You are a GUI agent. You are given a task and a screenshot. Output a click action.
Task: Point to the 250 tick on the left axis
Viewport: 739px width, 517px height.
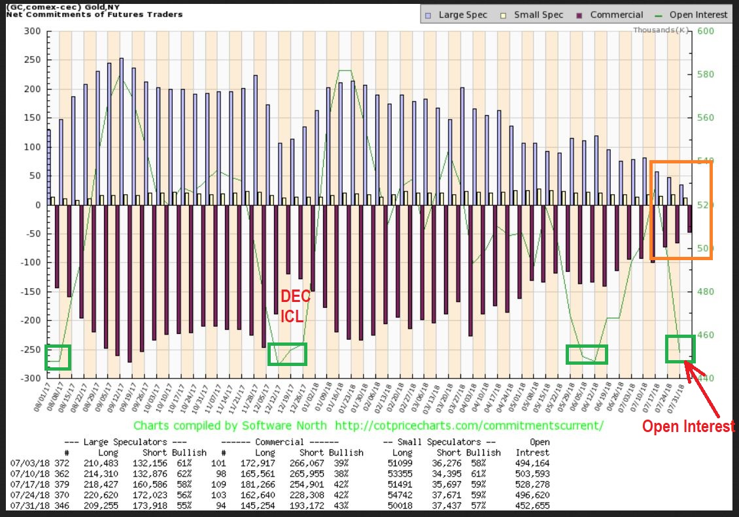click(x=33, y=59)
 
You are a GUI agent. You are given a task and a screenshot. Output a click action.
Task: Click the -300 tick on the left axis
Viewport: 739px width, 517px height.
click(x=31, y=378)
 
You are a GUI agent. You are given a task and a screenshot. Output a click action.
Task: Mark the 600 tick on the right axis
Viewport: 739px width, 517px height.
click(x=707, y=31)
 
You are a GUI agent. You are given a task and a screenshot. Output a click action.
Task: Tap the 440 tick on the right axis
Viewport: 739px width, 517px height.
click(x=707, y=378)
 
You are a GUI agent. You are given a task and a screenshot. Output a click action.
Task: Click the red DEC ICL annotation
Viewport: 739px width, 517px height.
click(x=292, y=306)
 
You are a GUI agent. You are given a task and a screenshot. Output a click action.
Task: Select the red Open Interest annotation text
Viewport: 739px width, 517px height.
click(x=689, y=426)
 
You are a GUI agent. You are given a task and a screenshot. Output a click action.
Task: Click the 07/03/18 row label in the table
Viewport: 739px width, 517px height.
click(x=27, y=462)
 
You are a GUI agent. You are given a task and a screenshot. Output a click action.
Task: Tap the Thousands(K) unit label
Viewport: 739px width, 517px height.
click(x=661, y=30)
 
